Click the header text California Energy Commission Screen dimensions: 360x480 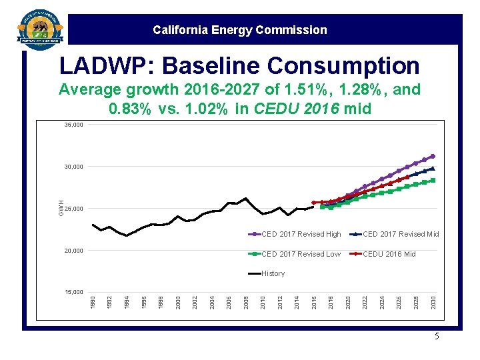[x=240, y=30]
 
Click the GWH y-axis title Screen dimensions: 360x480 [x=61, y=207]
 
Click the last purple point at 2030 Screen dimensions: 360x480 [x=433, y=157]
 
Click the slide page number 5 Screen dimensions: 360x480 [x=437, y=337]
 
